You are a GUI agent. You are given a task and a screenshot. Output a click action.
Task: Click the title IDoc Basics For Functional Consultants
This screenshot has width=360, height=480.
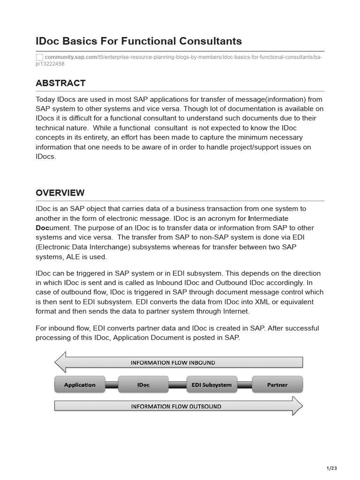pos(139,41)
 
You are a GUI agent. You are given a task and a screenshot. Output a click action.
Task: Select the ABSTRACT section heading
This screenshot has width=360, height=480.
pos(60,83)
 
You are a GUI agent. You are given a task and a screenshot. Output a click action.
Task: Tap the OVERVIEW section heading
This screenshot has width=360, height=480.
pos(60,193)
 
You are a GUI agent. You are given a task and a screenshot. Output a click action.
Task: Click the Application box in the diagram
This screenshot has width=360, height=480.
pos(80,385)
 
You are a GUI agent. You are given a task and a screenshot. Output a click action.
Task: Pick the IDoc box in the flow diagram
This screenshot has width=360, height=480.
pos(143,385)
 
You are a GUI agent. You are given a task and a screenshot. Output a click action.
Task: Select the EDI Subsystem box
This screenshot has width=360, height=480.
pos(211,385)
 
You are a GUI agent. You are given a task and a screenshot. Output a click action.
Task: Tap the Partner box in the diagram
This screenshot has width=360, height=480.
pos(277,385)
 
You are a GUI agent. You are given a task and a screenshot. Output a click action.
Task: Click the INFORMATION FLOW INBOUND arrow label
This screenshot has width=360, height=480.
pos(173,362)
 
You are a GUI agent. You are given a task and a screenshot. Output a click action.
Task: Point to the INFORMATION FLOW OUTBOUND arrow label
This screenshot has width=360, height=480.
pos(176,406)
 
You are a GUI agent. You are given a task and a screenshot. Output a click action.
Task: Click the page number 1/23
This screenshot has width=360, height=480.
pos(331,468)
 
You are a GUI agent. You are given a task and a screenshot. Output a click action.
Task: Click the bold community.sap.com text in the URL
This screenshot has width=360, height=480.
pos(71,57)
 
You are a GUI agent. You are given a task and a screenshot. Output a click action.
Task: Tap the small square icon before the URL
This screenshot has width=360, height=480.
pos(39,57)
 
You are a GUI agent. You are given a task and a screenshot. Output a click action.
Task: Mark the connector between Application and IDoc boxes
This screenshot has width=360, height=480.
pos(111,385)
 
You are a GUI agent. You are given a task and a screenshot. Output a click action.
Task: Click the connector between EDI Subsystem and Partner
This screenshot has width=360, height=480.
pos(245,385)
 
